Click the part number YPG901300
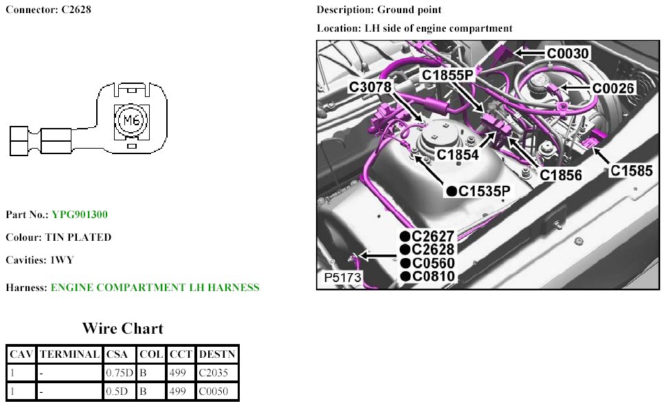(79, 215)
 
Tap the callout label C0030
(568, 53)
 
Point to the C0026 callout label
(613, 88)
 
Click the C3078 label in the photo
(370, 87)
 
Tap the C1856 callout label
(561, 175)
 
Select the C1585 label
(632, 171)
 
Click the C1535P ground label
(485, 191)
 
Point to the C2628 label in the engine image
(433, 250)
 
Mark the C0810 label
(433, 277)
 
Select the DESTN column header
(217, 354)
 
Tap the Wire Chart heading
(122, 328)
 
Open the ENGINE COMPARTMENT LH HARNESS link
(155, 287)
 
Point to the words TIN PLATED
(78, 237)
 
